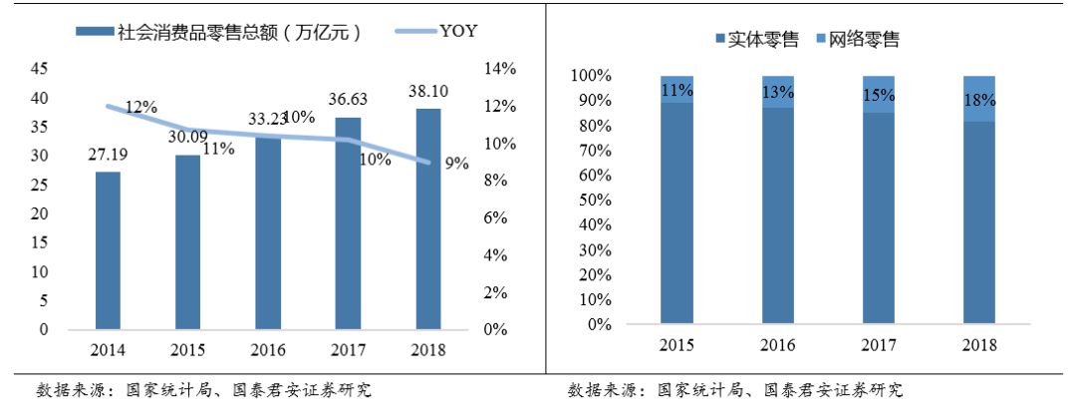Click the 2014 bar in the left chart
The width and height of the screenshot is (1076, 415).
[109, 250]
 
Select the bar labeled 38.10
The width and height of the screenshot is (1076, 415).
[427, 218]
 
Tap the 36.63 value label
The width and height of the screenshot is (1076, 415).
[348, 99]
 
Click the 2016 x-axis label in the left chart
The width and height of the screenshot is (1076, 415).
[268, 351]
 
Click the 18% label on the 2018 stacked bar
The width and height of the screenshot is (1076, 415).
[978, 101]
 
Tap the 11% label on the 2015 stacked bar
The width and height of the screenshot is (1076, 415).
[676, 91]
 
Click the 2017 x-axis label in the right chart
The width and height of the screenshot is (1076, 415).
[879, 345]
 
